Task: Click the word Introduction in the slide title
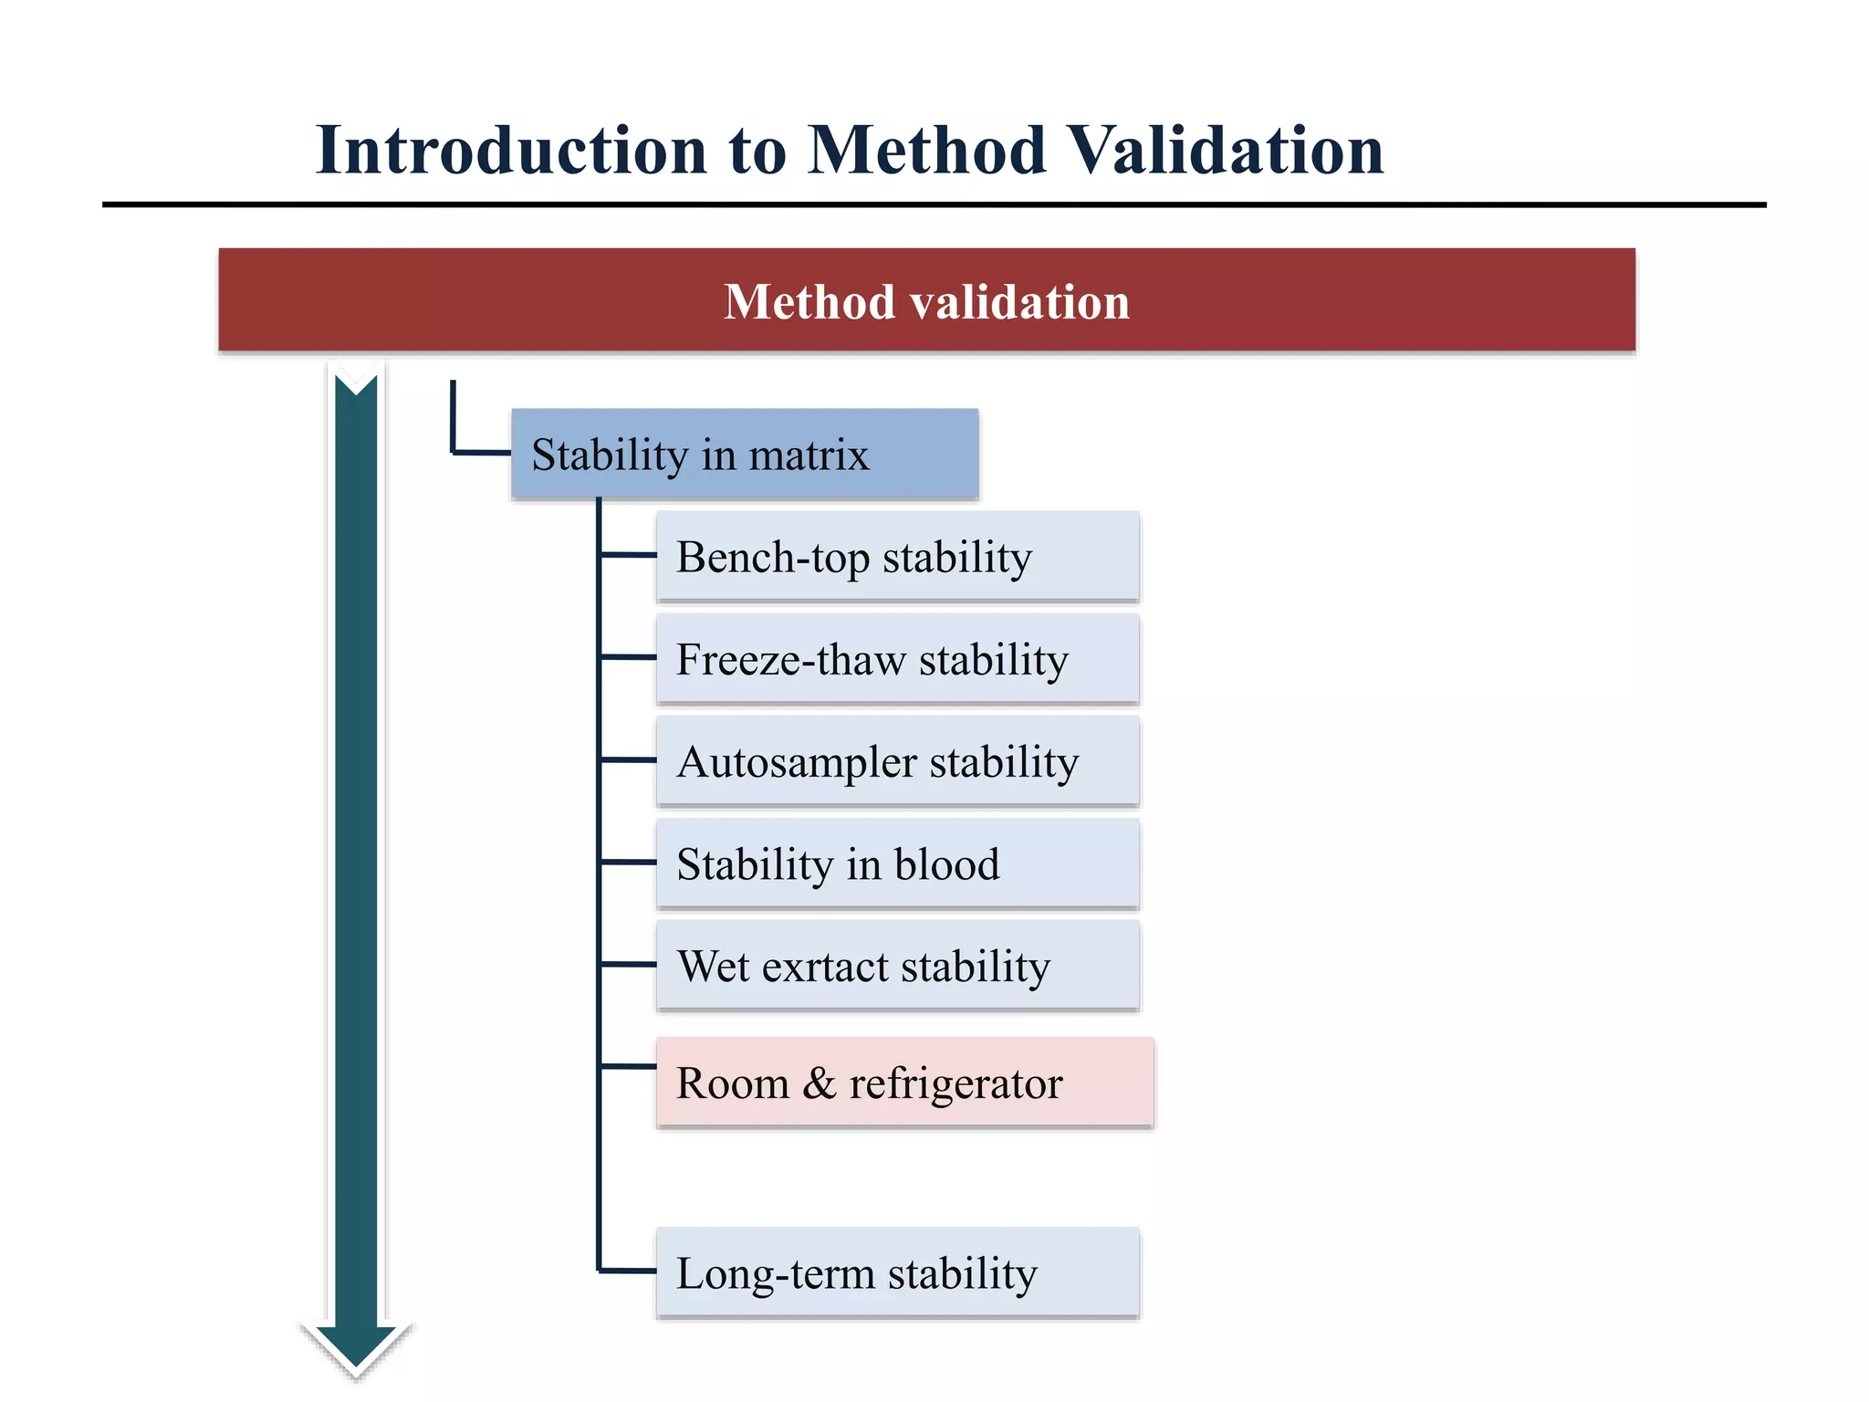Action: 511,151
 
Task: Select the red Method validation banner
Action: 926,300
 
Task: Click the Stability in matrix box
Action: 745,454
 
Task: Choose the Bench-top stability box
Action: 897,557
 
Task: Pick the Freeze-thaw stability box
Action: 897,659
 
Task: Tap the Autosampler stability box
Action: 897,761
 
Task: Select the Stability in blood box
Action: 897,863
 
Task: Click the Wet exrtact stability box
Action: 897,966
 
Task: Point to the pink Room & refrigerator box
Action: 904,1083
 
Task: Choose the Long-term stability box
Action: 897,1272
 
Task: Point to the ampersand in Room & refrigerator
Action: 819,1083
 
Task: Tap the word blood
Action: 946,864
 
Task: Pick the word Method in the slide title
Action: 926,151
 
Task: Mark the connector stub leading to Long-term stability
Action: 628,1270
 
